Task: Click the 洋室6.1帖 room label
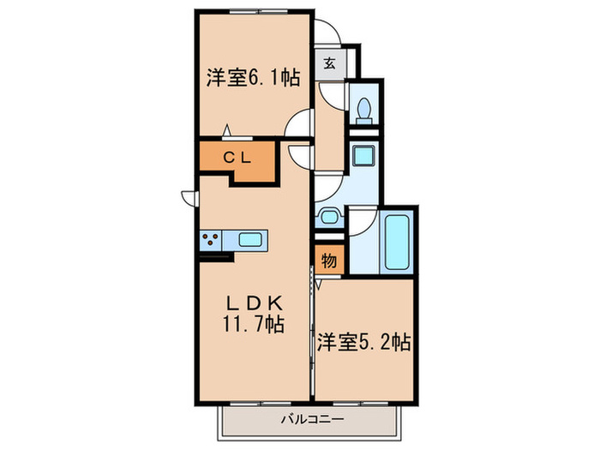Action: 252,78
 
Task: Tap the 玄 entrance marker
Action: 330,62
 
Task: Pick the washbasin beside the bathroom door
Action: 327,217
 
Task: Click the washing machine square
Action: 363,156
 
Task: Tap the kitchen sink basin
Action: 252,240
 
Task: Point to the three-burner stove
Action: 213,240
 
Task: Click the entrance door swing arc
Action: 328,33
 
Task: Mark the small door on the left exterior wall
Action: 188,197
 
